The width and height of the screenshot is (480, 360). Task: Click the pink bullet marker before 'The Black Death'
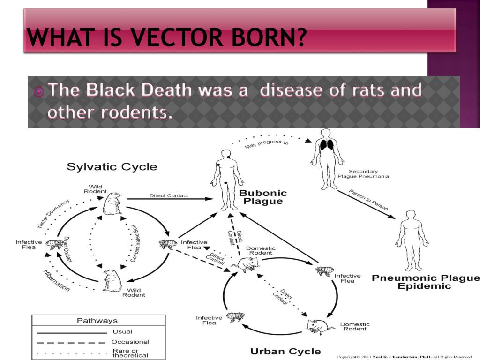(39, 91)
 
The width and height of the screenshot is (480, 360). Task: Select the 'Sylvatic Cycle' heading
(112, 166)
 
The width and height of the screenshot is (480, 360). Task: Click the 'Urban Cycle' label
(285, 351)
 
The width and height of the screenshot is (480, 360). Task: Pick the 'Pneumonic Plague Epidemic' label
(426, 282)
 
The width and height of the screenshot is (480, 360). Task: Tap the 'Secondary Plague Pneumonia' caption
(363, 174)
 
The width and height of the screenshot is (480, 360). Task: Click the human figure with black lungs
(327, 158)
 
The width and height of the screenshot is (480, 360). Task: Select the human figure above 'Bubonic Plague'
(227, 180)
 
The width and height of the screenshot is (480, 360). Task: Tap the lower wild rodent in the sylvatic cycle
(112, 280)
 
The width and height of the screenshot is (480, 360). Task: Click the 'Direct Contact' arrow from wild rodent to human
(169, 199)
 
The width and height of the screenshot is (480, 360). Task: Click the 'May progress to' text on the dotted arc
(267, 144)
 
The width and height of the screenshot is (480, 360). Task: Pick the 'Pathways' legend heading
(97, 321)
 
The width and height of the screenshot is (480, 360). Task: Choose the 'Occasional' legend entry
(130, 342)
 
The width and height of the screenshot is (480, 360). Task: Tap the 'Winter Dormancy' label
(53, 214)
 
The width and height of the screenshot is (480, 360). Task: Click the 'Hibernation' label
(56, 280)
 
